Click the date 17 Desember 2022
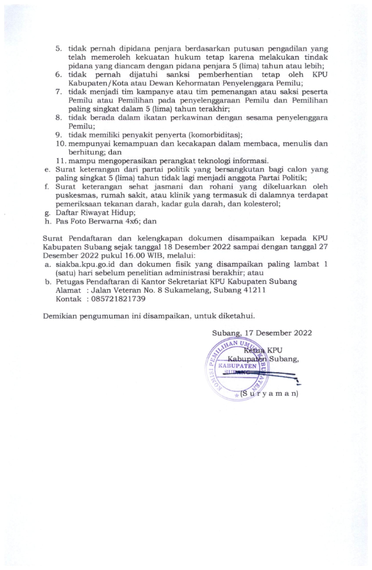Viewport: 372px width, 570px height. [277, 332]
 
